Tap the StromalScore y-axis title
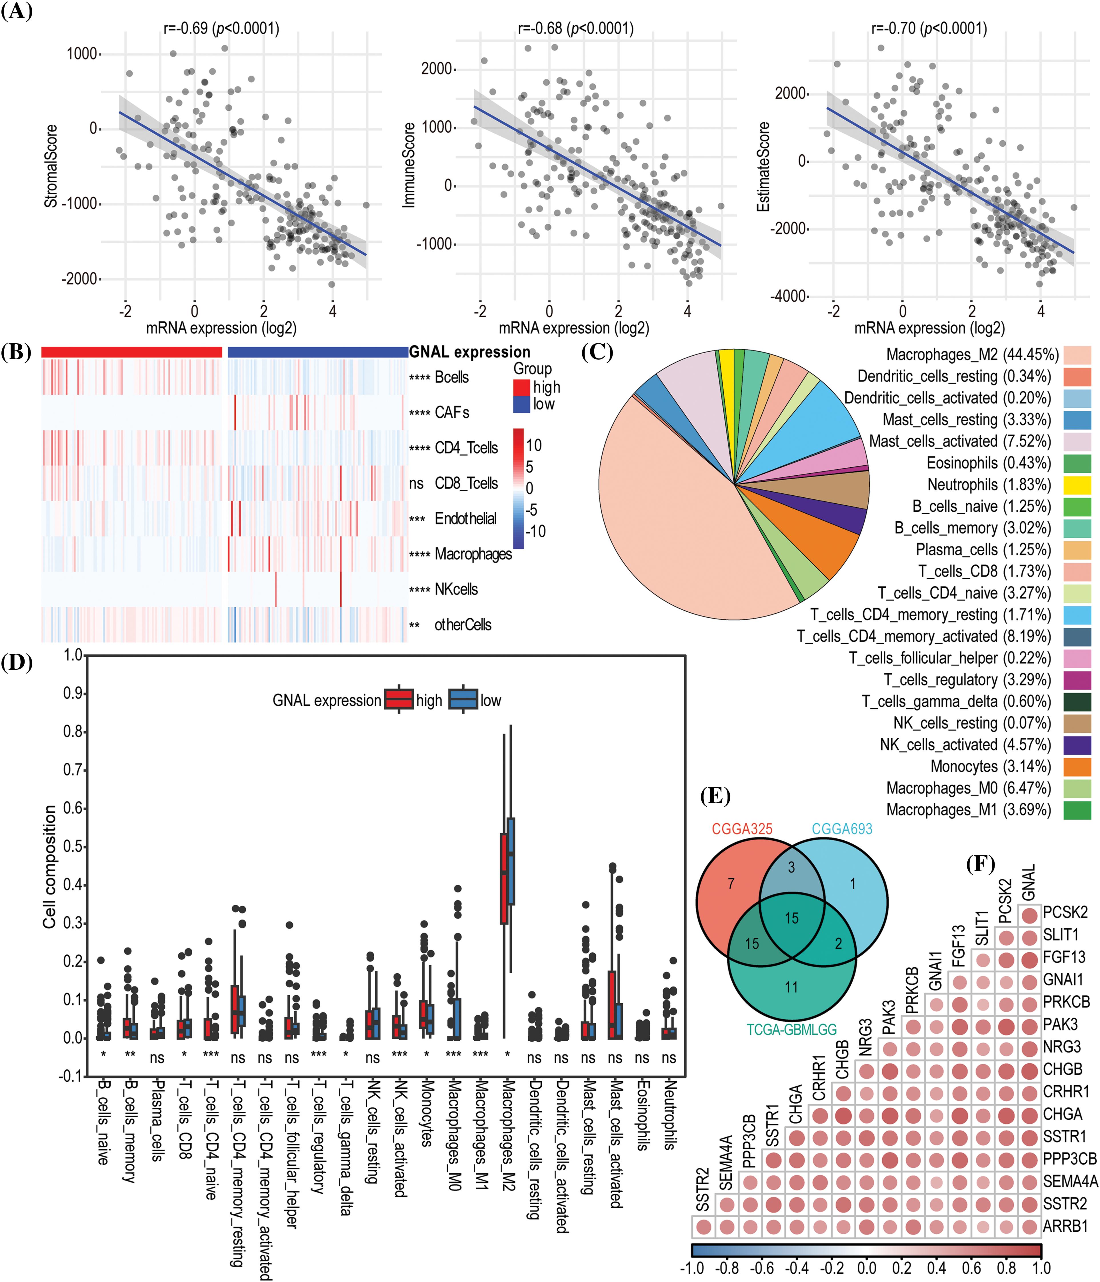51,166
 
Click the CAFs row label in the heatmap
451,413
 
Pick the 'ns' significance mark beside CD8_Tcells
416,483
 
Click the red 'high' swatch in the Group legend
521,387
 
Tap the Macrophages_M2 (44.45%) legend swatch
1077,355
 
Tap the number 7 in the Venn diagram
731,884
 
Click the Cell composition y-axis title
49,866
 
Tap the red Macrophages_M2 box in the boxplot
504,879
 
